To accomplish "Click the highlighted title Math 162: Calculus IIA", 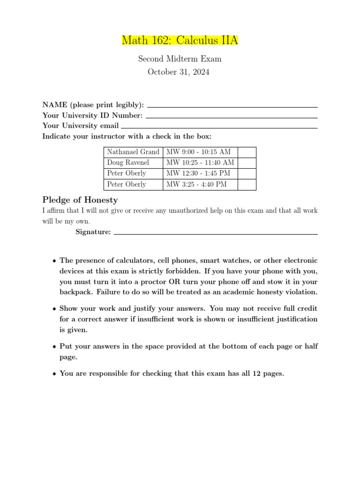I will pos(180,40).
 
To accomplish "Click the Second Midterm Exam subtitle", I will pos(180,59).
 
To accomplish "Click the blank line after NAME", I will pos(232,107).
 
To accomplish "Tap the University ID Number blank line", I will pos(232,117).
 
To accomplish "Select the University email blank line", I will pos(219,127).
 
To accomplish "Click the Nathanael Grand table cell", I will pos(133,152).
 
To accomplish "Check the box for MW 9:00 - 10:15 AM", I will pos(247,152).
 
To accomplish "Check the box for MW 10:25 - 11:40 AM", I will pos(247,163).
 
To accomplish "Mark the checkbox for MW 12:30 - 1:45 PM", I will pos(247,173).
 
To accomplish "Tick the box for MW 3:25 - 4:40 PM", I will pos(247,184).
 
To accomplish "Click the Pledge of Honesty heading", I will pos(80,200).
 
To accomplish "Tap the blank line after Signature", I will pos(216,233).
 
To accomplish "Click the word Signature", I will pos(93,232).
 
